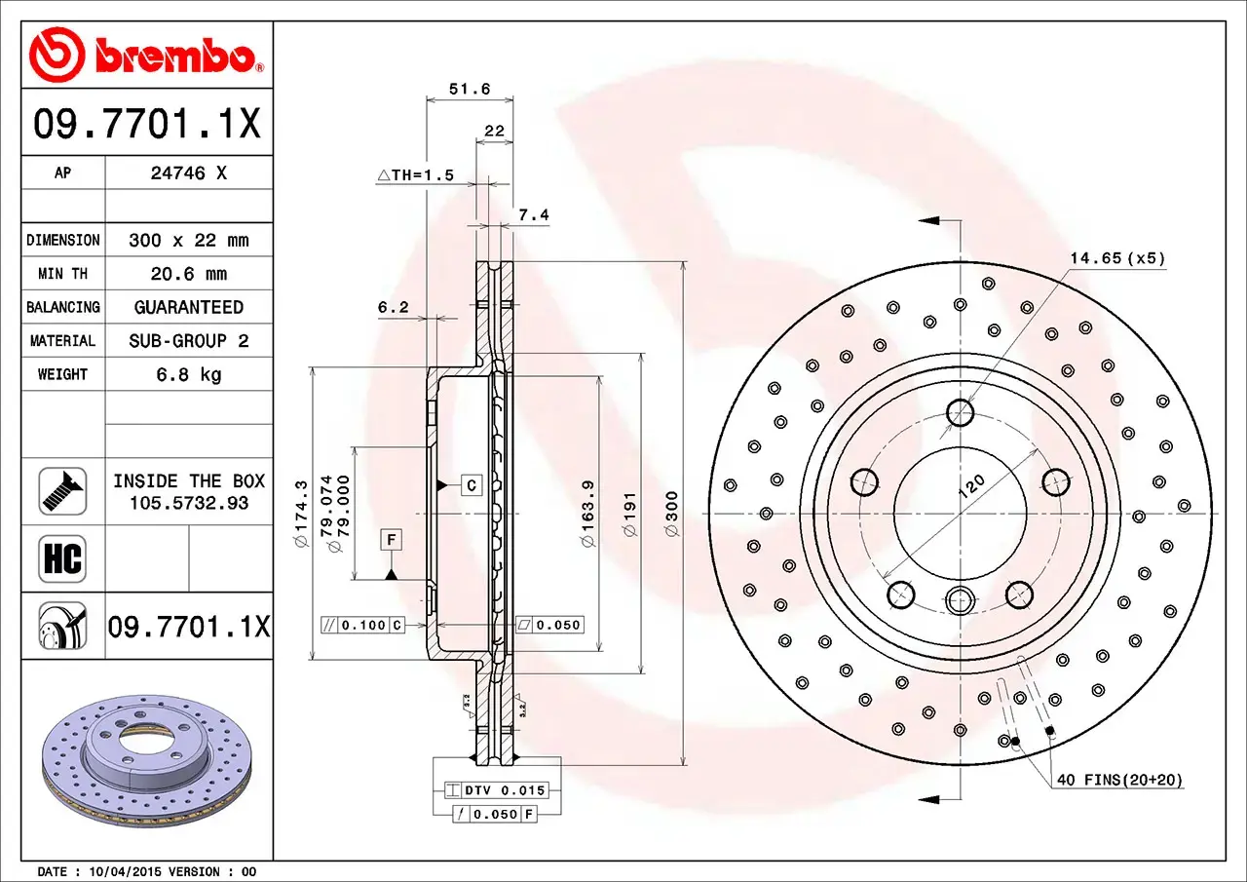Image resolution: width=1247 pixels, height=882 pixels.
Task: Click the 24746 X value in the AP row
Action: [189, 173]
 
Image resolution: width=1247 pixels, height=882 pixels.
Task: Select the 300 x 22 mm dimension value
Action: [189, 240]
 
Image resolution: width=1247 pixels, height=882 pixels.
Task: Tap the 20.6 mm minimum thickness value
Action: [189, 274]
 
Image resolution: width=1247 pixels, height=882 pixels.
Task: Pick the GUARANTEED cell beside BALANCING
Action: [189, 307]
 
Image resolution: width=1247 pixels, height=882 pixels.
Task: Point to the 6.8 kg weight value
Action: [189, 374]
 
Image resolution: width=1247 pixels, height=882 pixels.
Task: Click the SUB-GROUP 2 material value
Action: [189, 341]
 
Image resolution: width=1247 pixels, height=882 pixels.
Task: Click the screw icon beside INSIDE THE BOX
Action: [62, 492]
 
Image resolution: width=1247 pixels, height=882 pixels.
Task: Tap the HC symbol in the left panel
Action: [62, 559]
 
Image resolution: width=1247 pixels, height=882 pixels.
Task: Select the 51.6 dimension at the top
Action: [469, 89]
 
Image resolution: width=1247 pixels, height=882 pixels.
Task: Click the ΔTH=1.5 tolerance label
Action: [416, 175]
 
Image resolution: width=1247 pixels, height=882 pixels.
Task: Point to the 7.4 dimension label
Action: [534, 215]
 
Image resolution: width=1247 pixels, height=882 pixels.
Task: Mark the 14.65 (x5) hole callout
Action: [1116, 258]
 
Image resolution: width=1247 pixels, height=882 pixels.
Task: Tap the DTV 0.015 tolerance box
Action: [496, 790]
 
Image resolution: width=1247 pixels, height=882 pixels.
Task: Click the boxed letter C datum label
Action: [471, 484]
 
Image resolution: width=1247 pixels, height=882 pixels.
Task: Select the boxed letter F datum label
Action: [391, 539]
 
